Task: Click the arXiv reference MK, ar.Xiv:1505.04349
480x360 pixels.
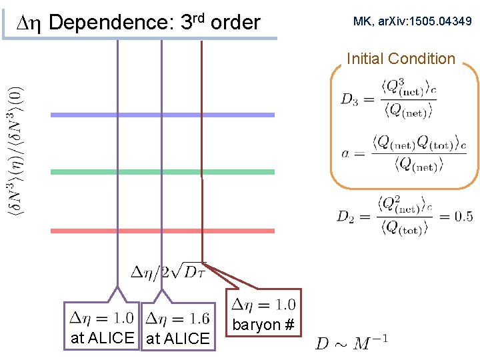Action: [413, 22]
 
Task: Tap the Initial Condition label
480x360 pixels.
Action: [401, 59]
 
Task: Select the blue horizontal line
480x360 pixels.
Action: [163, 115]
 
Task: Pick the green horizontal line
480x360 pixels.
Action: [163, 172]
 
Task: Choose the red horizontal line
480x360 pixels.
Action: [163, 231]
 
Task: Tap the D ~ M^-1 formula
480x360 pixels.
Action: [351, 343]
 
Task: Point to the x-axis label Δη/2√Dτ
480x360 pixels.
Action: [167, 272]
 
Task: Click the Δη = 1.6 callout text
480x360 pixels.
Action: [177, 318]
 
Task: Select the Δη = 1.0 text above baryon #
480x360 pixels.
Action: [262, 305]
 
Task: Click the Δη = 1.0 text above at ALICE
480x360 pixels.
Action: [101, 318]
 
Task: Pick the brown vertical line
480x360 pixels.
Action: [202, 147]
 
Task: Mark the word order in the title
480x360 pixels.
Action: [235, 23]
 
